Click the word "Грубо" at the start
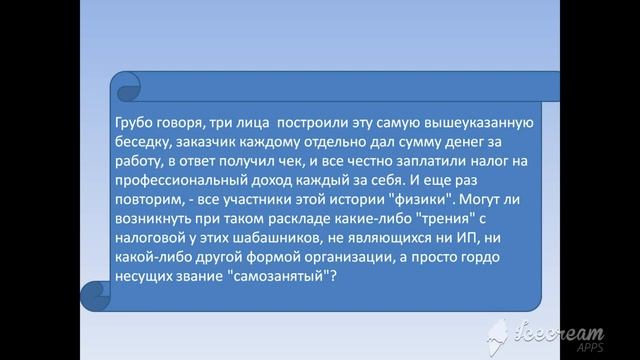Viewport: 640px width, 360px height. coord(137,122)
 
